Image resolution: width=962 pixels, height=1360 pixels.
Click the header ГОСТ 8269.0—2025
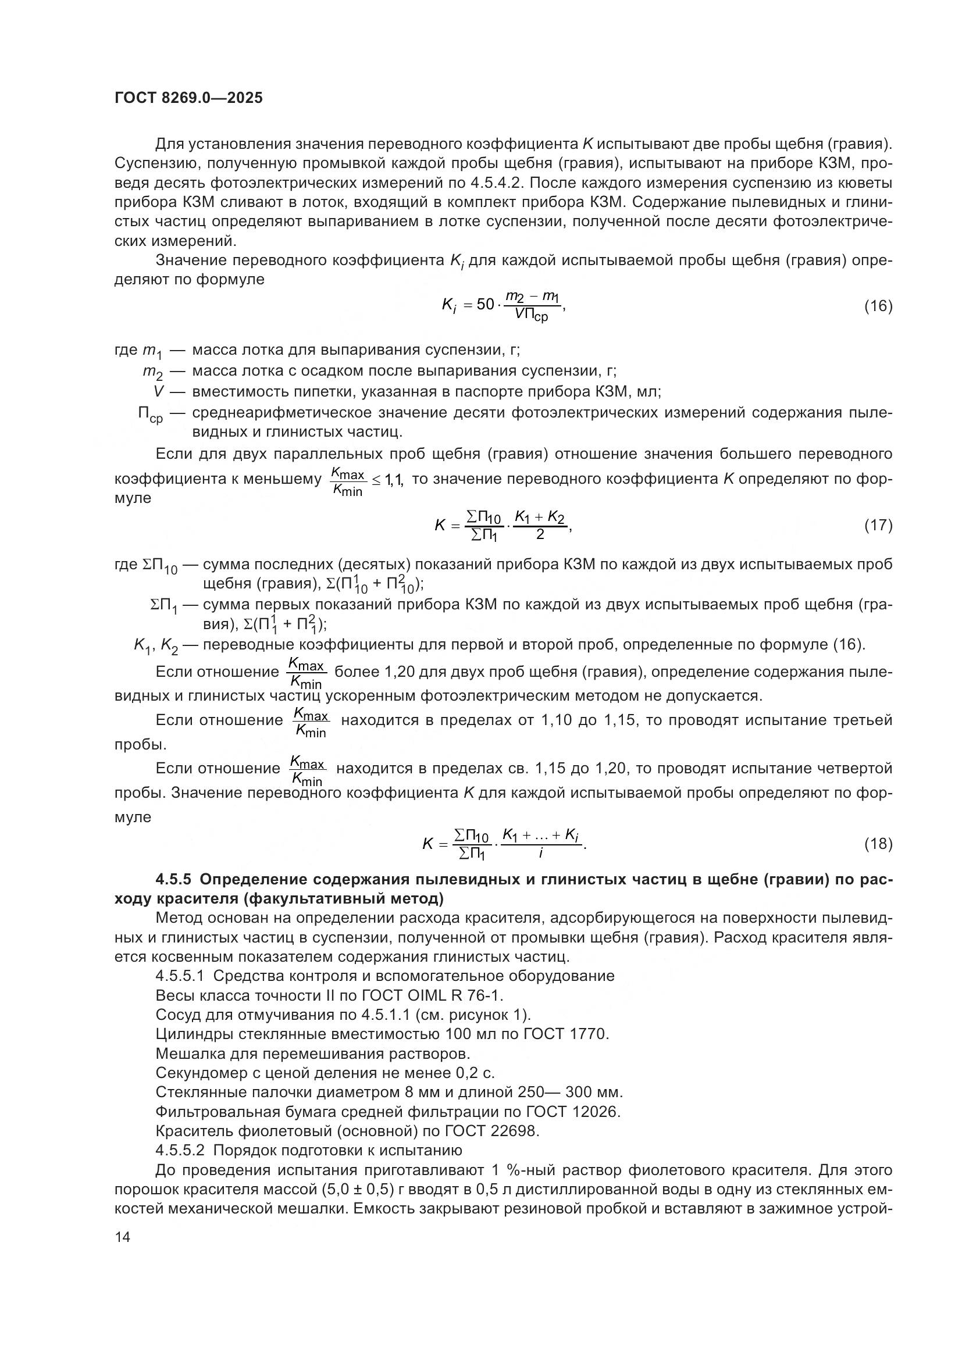188,98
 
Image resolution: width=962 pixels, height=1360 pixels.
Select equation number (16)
878,306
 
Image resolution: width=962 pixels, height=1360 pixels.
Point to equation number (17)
878,525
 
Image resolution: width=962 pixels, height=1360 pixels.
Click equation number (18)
878,844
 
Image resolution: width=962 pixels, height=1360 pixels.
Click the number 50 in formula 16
485,305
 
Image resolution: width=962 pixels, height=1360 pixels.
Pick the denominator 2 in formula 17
540,534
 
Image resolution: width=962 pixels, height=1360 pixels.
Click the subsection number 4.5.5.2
180,1150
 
